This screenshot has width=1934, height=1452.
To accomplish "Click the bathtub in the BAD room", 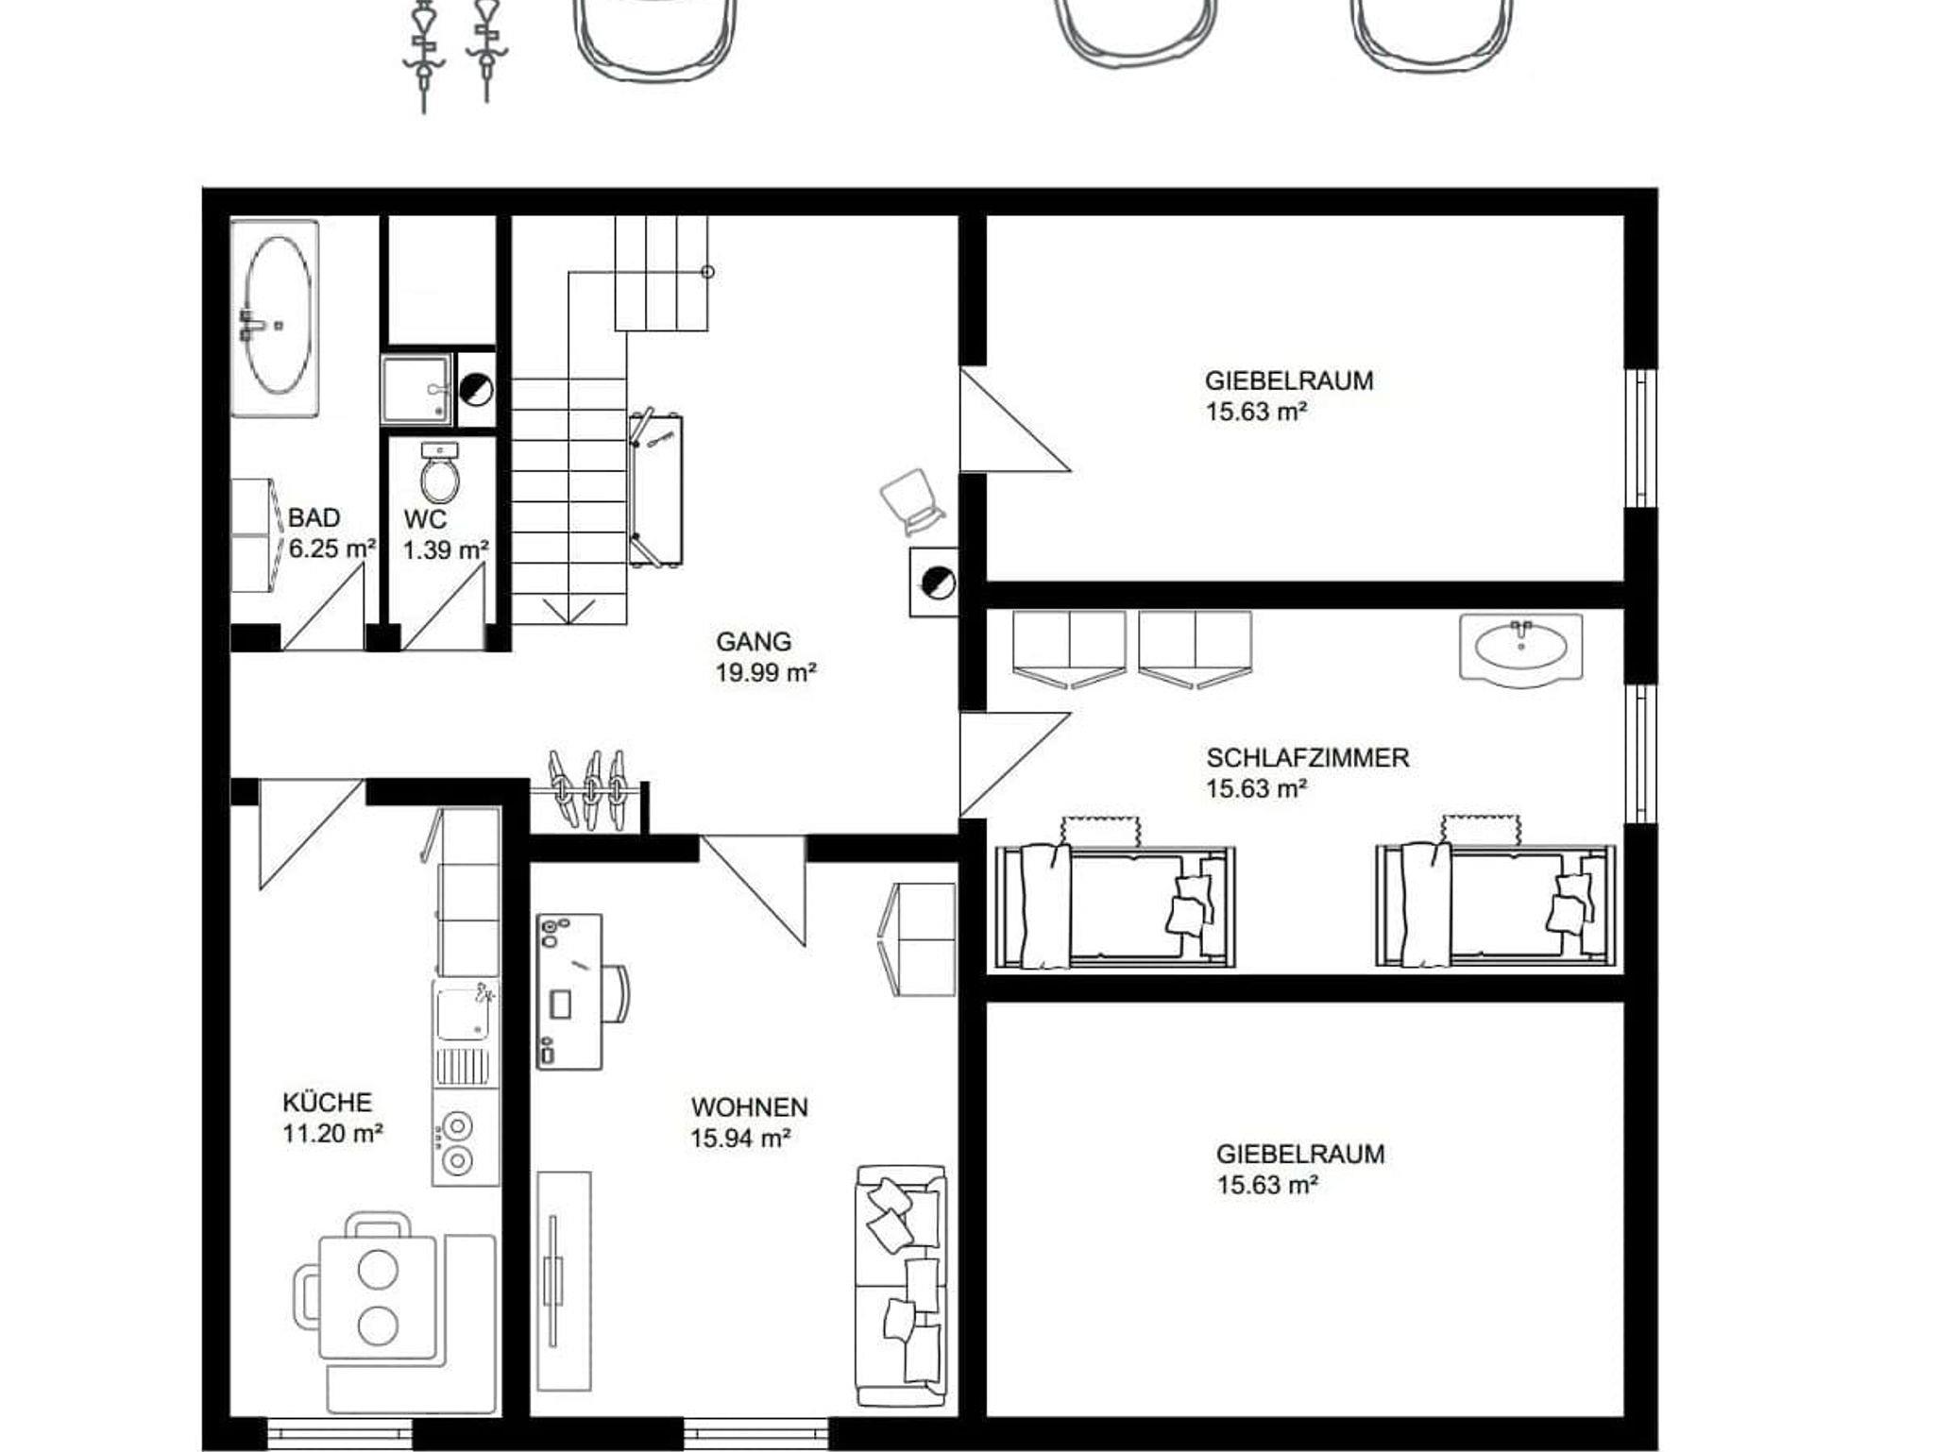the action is [x=275, y=318].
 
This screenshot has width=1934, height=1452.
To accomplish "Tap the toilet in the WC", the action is [x=440, y=473].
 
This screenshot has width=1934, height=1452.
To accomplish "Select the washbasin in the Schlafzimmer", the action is [x=1520, y=649].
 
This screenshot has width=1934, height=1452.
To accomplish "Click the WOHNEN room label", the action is [x=749, y=1106].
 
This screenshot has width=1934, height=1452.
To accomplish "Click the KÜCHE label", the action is [x=328, y=1102].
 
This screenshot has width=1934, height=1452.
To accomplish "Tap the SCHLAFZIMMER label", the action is [x=1308, y=757].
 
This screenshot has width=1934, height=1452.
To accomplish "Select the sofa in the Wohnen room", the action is [x=901, y=1287].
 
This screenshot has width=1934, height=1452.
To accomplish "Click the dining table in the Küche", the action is [x=378, y=1296].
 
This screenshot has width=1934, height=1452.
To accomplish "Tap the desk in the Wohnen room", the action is [x=569, y=991].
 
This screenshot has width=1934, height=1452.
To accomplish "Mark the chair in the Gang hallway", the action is [x=911, y=501].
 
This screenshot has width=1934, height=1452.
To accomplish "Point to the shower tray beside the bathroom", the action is [x=416, y=389].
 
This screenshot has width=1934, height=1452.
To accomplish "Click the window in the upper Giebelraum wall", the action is [x=1641, y=439].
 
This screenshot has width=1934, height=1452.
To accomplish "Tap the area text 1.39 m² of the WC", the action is [x=447, y=549].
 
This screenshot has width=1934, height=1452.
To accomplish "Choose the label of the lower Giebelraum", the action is [x=1300, y=1154].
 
